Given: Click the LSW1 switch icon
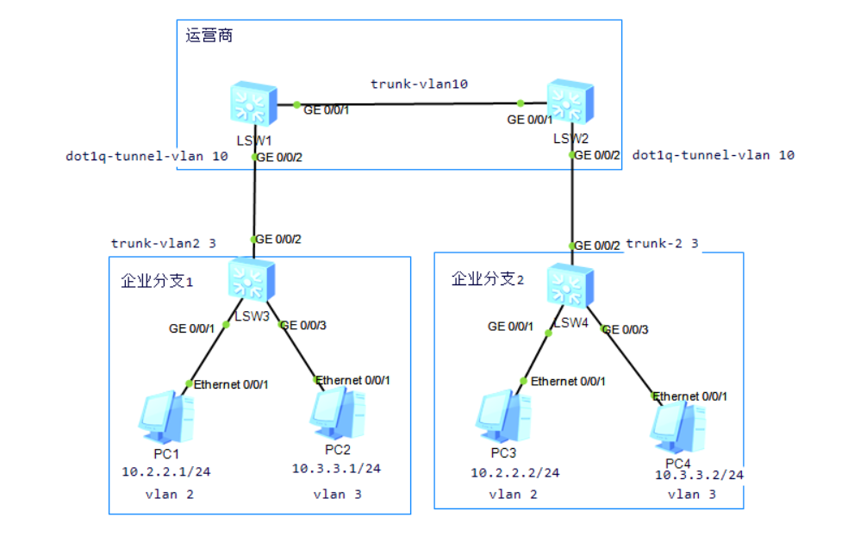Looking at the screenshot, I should pos(254,105).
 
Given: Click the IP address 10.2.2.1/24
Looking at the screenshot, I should pos(165,471).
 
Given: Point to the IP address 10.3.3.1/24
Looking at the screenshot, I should pos(336,469).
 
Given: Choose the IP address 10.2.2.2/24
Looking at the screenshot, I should pos(514,472).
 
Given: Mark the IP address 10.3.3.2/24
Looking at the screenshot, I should pos(699,475).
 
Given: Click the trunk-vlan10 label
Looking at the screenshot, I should pos(419,84).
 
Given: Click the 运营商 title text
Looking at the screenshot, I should pos(209,36).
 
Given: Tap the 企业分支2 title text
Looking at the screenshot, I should pos(488,278).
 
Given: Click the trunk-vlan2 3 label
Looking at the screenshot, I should pos(163,244).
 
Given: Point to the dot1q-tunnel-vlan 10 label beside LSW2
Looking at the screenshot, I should pos(714,155).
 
